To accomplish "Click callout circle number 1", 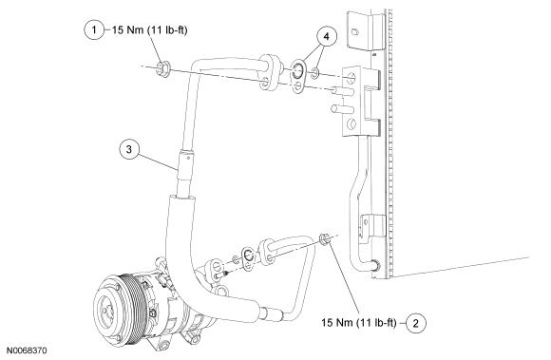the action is (x=94, y=29).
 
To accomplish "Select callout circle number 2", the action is (x=416, y=323).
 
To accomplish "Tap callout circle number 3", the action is (x=129, y=149).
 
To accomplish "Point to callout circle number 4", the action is (x=327, y=36).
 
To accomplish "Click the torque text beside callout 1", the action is (x=150, y=30).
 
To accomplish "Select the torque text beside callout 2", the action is (x=359, y=323).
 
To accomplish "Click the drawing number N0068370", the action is (x=27, y=351).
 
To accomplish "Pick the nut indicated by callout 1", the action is (x=163, y=68).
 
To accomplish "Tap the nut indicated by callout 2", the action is (x=324, y=238).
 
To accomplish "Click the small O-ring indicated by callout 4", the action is (x=315, y=73).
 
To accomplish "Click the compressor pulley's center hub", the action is (x=105, y=309).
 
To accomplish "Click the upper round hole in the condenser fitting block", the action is (x=351, y=78).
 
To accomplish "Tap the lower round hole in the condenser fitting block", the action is (x=351, y=123).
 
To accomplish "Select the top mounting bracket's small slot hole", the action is (x=355, y=32).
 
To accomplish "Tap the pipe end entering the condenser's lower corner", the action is (x=374, y=265).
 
